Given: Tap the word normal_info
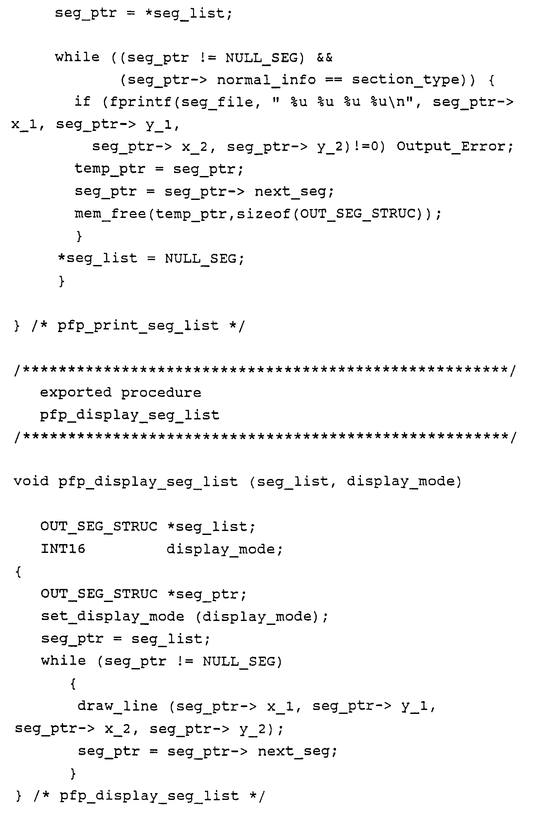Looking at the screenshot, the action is [266, 80].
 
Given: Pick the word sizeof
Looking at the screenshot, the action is [263, 214].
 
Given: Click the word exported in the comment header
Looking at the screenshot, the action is [76, 392].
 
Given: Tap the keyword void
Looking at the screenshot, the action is [31, 482].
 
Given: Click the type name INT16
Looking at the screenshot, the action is [62, 549].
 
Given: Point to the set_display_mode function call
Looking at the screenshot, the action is [113, 616].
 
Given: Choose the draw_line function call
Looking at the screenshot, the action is [118, 706].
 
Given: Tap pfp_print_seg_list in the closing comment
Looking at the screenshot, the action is [137, 326].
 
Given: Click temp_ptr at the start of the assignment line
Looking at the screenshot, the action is [110, 169].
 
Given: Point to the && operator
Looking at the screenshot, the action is [324, 58].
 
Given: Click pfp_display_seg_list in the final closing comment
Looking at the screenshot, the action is [149, 796].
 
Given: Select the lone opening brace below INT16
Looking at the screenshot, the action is [18, 572].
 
